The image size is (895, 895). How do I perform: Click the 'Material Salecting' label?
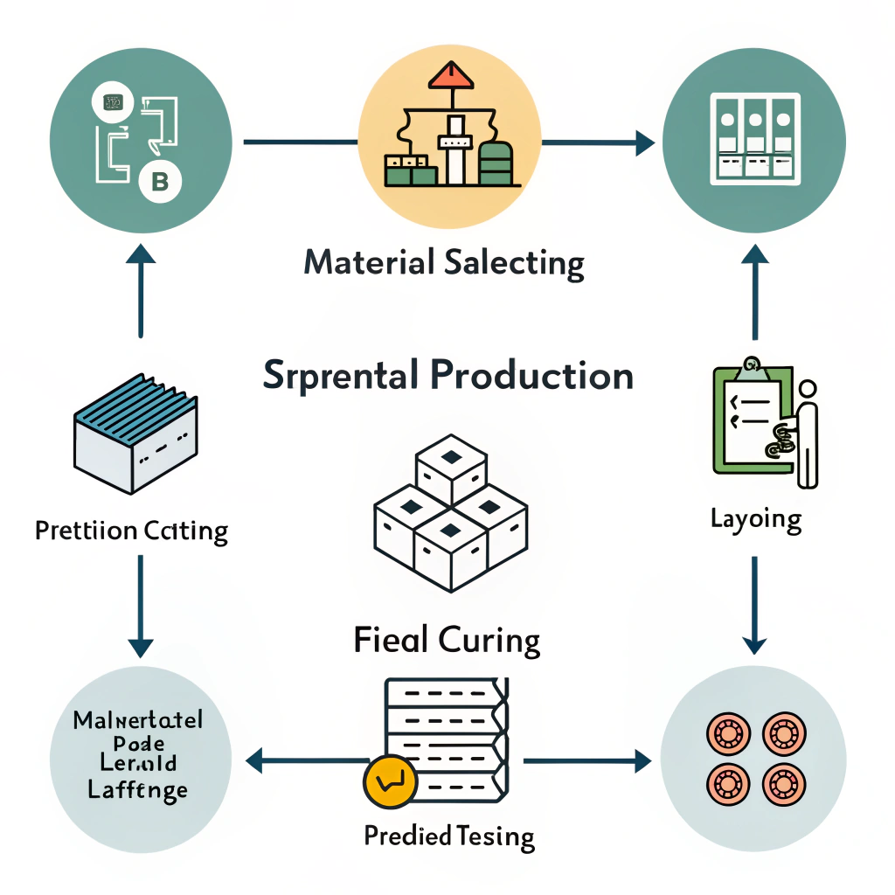coord(444,263)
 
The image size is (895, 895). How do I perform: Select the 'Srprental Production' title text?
coord(447,375)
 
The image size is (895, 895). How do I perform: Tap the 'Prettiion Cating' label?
coord(131,531)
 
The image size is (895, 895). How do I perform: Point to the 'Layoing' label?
coord(755,519)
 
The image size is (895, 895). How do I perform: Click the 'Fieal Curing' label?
coord(447,641)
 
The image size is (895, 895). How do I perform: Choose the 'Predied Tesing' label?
coord(448,836)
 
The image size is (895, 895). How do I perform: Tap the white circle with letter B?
coord(160,182)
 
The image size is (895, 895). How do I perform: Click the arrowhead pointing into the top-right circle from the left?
coord(645,142)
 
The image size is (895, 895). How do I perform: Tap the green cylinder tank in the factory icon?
coord(495,163)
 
